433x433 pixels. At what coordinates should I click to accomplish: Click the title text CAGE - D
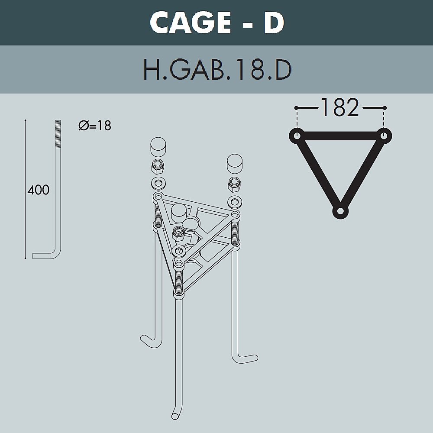coord(217,23)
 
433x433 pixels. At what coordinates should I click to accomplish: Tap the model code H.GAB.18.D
coord(217,70)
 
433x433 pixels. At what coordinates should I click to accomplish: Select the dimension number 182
coord(340,107)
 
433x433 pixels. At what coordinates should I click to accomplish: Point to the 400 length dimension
coord(39,190)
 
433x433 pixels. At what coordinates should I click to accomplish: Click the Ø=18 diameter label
coord(95,126)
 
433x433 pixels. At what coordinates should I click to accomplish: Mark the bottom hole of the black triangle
coord(340,211)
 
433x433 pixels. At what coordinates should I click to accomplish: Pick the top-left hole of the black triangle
coord(297,136)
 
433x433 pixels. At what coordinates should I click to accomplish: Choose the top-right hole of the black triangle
coord(384,136)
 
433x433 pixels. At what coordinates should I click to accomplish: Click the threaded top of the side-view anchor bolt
coord(58,134)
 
